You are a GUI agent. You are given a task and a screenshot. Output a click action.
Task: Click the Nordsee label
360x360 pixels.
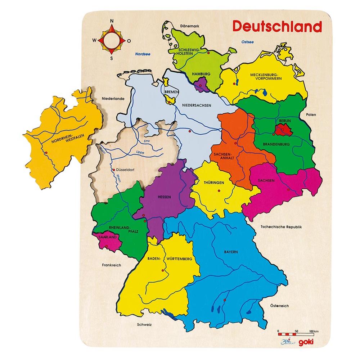click(143, 54)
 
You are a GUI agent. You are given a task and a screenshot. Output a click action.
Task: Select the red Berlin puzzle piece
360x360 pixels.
click(282, 129)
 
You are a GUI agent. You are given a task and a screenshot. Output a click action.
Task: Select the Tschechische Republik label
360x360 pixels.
click(281, 227)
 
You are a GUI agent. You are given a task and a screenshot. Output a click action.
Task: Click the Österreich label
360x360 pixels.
click(279, 306)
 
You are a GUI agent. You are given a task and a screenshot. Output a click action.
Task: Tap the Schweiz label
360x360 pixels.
click(144, 324)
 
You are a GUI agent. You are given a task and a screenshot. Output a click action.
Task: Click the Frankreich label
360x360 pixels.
click(111, 265)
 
